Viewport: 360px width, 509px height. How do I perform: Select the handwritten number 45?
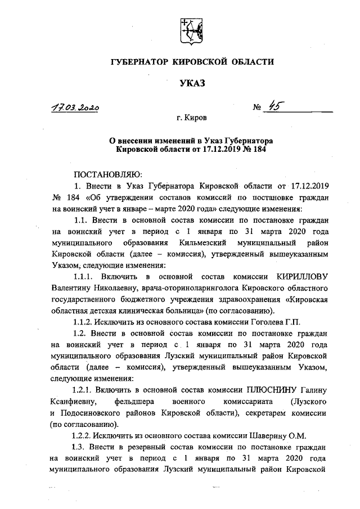coord(275,107)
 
